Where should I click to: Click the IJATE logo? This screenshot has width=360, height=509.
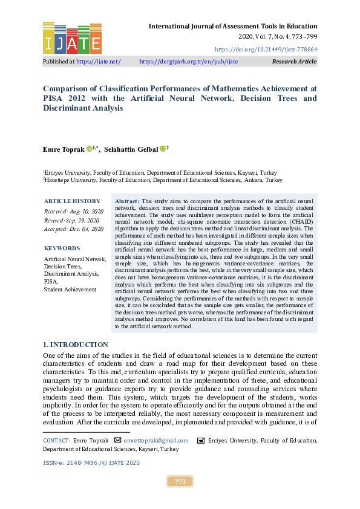[72, 38]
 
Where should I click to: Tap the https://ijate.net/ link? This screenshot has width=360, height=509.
[99, 62]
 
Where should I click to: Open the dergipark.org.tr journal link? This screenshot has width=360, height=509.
[189, 62]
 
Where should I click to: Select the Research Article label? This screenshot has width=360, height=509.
[294, 62]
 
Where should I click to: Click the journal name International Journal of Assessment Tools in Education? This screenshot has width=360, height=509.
[233, 26]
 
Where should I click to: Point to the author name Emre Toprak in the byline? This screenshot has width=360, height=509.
[64, 149]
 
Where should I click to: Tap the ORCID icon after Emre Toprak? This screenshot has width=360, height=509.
[90, 149]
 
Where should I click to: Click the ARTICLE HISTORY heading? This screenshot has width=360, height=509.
[72, 201]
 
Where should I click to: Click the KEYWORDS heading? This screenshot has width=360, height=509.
[62, 248]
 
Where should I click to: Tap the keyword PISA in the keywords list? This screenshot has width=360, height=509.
[51, 282]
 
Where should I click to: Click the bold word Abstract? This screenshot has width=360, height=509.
[126, 200]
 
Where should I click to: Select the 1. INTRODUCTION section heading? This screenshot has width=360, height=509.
[75, 345]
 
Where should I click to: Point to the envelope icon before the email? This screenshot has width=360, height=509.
[117, 441]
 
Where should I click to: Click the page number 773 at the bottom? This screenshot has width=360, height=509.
[180, 482]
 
